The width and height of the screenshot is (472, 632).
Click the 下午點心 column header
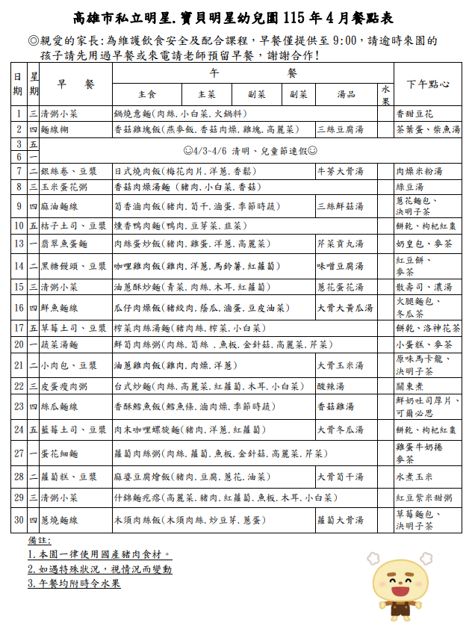tap(428, 84)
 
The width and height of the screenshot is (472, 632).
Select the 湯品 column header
tap(346, 95)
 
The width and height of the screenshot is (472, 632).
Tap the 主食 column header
tap(147, 95)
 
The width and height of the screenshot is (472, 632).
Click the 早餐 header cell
tap(75, 84)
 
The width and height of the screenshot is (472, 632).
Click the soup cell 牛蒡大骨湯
tap(340, 171)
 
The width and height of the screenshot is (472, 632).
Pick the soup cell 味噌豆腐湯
tap(340, 266)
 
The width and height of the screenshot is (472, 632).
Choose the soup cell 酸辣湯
tap(332, 386)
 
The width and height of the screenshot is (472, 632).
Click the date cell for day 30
tap(18, 520)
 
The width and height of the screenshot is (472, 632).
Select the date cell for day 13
tap(18, 244)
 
